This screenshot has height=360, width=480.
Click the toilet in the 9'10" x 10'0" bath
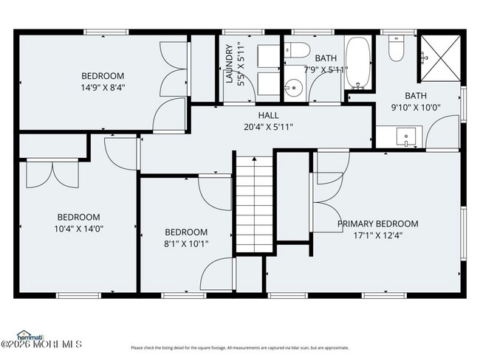click(395, 49)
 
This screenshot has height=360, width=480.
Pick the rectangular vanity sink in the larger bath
click(405, 137)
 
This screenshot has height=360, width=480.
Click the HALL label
click(268, 116)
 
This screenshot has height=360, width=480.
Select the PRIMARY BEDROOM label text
click(377, 224)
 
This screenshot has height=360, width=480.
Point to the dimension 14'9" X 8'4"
click(103, 87)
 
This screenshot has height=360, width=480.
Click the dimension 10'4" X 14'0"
click(79, 229)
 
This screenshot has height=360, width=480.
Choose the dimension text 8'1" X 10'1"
click(185, 243)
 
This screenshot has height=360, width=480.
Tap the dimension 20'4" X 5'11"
click(268, 127)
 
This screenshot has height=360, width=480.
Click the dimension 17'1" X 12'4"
click(377, 236)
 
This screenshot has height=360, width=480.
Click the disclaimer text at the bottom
click(239, 347)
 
